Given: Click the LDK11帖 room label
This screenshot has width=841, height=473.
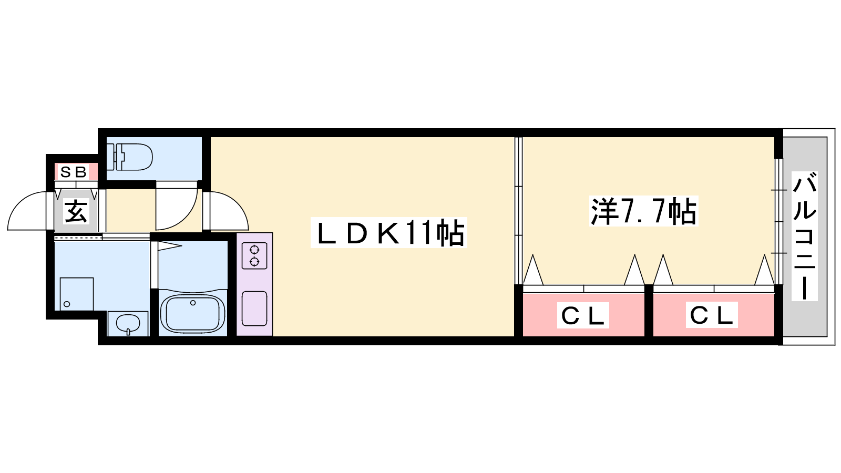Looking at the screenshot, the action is pyautogui.click(x=389, y=233).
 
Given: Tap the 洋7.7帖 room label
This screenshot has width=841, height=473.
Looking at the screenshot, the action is pyautogui.click(x=643, y=211).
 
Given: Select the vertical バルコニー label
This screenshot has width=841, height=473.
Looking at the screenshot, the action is pyautogui.click(x=805, y=236).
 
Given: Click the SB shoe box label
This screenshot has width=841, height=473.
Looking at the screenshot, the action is pyautogui.click(x=74, y=172).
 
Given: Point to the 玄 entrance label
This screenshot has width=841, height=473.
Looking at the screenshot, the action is pyautogui.click(x=76, y=211).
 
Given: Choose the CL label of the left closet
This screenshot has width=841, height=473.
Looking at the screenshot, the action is pyautogui.click(x=583, y=315).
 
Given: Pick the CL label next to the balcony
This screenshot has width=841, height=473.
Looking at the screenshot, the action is pyautogui.click(x=712, y=315).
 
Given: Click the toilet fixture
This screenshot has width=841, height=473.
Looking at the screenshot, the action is pyautogui.click(x=129, y=157).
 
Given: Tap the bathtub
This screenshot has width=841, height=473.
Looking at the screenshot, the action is pyautogui.click(x=192, y=313).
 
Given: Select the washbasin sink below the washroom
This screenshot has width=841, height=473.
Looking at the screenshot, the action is pyautogui.click(x=128, y=323).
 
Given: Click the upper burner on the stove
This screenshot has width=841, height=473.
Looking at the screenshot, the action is pyautogui.click(x=254, y=249).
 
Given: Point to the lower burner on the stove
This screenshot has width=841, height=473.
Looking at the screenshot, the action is pyautogui.click(x=254, y=262).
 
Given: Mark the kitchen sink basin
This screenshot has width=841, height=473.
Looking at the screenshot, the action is pyautogui.click(x=254, y=309).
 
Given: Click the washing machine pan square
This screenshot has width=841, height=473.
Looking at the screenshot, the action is pyautogui.click(x=77, y=294).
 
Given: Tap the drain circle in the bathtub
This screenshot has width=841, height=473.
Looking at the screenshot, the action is pyautogui.click(x=193, y=303).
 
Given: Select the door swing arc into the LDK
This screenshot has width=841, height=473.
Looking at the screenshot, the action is pyautogui.click(x=237, y=204).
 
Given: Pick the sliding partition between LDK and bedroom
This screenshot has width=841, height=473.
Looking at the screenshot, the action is pyautogui.click(x=518, y=211).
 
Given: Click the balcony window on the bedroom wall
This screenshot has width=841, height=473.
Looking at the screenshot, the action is pyautogui.click(x=778, y=221).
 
